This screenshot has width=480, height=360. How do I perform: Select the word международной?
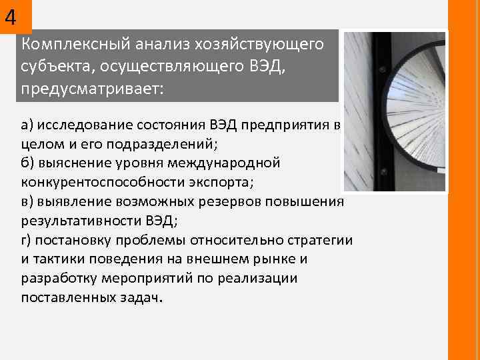[226, 163]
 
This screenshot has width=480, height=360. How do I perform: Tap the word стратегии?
[319, 239]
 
